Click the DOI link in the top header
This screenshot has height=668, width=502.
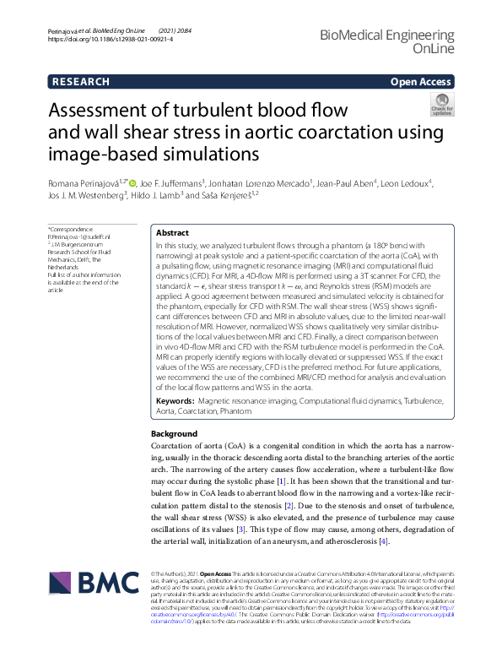tap(98, 40)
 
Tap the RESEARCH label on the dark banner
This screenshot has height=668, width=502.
tap(80, 82)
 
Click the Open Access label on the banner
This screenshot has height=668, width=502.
tap(423, 82)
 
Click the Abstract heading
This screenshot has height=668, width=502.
tap(172, 231)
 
